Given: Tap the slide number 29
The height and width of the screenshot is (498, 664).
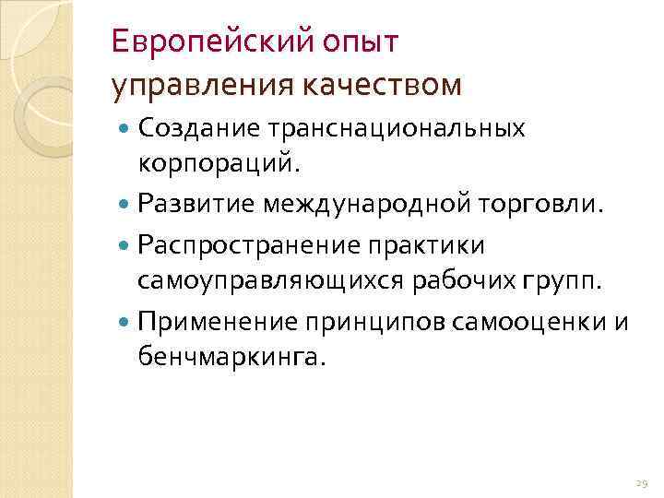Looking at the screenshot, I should point(642,482).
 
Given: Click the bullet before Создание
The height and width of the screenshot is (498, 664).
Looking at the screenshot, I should point(125,129).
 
